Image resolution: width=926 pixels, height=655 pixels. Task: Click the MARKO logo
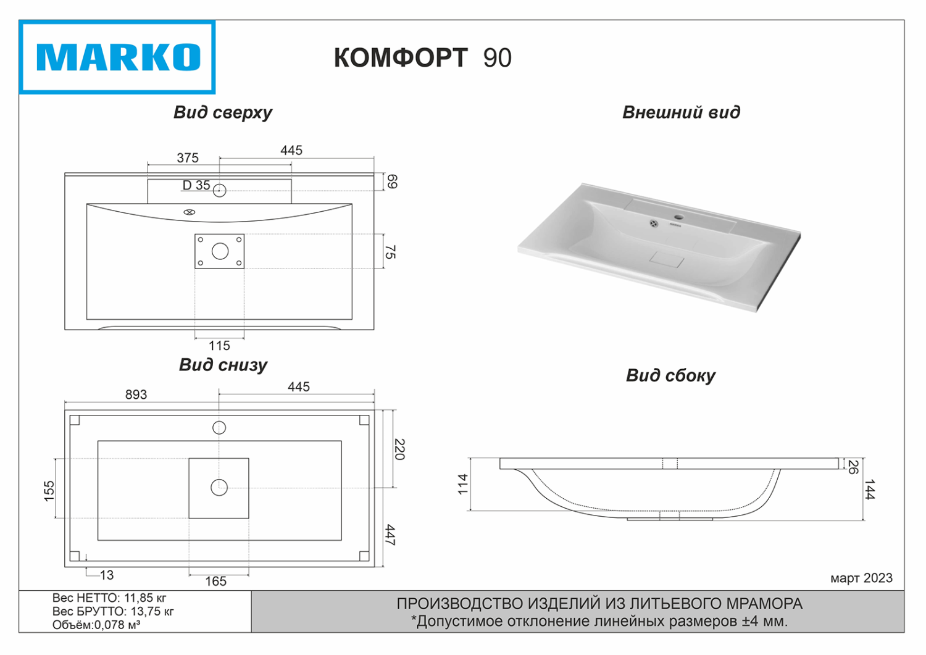click(117, 57)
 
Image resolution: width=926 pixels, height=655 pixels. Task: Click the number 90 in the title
click(497, 58)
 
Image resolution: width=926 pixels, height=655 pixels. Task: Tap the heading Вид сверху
click(223, 112)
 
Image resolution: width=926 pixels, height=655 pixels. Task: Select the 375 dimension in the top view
click(188, 158)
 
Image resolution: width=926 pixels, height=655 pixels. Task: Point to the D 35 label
click(196, 185)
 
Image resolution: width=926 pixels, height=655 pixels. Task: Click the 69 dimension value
click(392, 181)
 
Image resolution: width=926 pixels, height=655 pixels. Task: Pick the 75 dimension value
click(390, 252)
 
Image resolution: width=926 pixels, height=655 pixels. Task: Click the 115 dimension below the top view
click(219, 346)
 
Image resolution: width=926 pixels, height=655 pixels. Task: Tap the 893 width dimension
click(136, 394)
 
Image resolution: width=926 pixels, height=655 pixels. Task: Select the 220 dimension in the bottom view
click(399, 449)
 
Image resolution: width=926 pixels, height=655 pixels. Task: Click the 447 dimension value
click(390, 535)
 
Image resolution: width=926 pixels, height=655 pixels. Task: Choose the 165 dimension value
click(215, 582)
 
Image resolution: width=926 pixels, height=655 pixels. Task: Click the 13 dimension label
click(107, 575)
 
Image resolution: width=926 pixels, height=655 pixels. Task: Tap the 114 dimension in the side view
click(463, 484)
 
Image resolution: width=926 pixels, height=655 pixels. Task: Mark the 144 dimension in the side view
click(870, 489)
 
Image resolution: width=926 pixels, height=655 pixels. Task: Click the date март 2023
click(861, 578)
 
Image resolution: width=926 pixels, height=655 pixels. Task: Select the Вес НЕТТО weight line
click(109, 598)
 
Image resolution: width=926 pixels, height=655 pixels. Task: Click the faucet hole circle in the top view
click(219, 190)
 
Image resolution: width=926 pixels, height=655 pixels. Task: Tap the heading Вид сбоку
click(670, 375)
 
